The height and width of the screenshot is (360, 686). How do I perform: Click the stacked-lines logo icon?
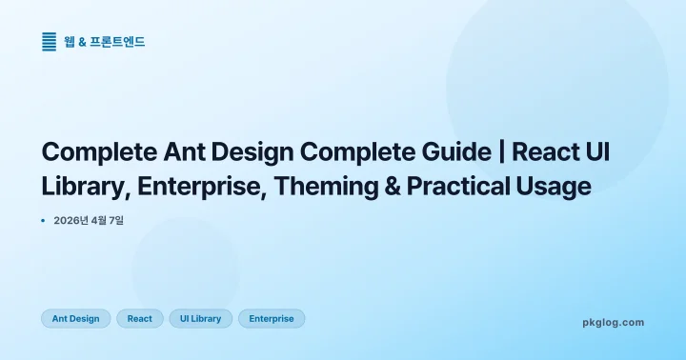(50, 42)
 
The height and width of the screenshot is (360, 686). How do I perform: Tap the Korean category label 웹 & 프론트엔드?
(105, 42)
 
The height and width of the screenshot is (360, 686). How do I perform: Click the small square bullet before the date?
(44, 221)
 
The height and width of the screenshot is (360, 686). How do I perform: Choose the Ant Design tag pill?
(76, 319)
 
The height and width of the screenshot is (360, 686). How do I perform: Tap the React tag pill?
(140, 319)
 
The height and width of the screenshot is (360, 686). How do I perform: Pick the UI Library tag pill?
(200, 319)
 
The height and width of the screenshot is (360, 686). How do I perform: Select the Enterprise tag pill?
(272, 319)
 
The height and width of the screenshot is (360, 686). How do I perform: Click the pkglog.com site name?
(613, 323)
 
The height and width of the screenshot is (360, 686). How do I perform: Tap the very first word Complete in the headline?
(93, 152)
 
